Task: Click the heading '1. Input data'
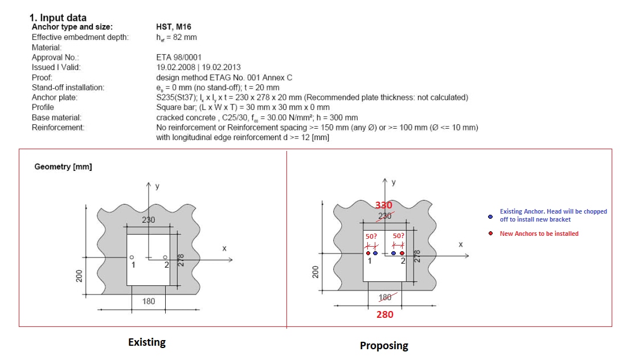[58, 18]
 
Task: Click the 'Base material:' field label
[56, 118]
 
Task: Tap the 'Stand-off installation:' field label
[68, 88]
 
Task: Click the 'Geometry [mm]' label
[63, 166]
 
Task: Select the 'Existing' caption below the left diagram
[147, 342]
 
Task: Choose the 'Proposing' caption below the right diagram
[384, 346]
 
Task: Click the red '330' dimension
[383, 206]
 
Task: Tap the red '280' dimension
[385, 314]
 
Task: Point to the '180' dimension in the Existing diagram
[149, 301]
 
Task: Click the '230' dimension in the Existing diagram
[148, 220]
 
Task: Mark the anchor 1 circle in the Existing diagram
[132, 257]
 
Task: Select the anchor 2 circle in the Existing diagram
[165, 257]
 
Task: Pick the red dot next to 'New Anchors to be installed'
[490, 234]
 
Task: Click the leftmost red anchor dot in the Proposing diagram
[368, 253]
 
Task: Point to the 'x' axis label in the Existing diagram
[224, 248]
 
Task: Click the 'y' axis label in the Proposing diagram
[394, 183]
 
